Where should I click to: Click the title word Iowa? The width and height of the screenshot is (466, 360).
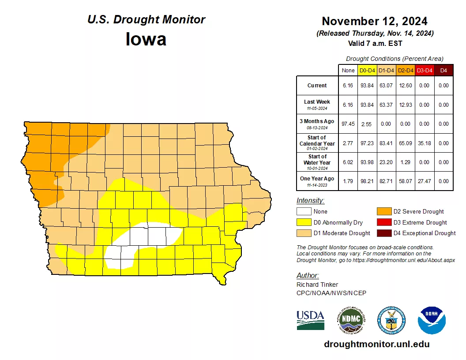point(146,39)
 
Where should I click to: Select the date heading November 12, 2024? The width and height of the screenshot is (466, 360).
point(374,21)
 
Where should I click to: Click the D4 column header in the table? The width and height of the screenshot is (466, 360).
point(443,70)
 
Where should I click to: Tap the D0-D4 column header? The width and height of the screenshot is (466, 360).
point(367,70)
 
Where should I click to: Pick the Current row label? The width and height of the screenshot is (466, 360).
point(317,86)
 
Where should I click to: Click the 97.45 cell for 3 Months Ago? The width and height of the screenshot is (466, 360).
point(348,124)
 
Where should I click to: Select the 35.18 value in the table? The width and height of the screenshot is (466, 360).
point(424,143)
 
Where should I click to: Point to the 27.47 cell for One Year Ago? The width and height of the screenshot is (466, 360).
point(424,181)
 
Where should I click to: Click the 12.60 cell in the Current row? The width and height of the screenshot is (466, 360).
point(405,86)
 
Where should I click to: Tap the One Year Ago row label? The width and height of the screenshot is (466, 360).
point(317,179)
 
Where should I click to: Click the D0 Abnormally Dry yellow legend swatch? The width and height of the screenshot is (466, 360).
point(304,222)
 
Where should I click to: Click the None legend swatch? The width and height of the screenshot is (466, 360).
point(304,212)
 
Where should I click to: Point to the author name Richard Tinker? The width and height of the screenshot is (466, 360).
point(317,285)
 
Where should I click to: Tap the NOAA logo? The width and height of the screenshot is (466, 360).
point(432,320)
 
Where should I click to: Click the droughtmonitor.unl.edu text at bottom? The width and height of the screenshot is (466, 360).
point(376,344)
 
